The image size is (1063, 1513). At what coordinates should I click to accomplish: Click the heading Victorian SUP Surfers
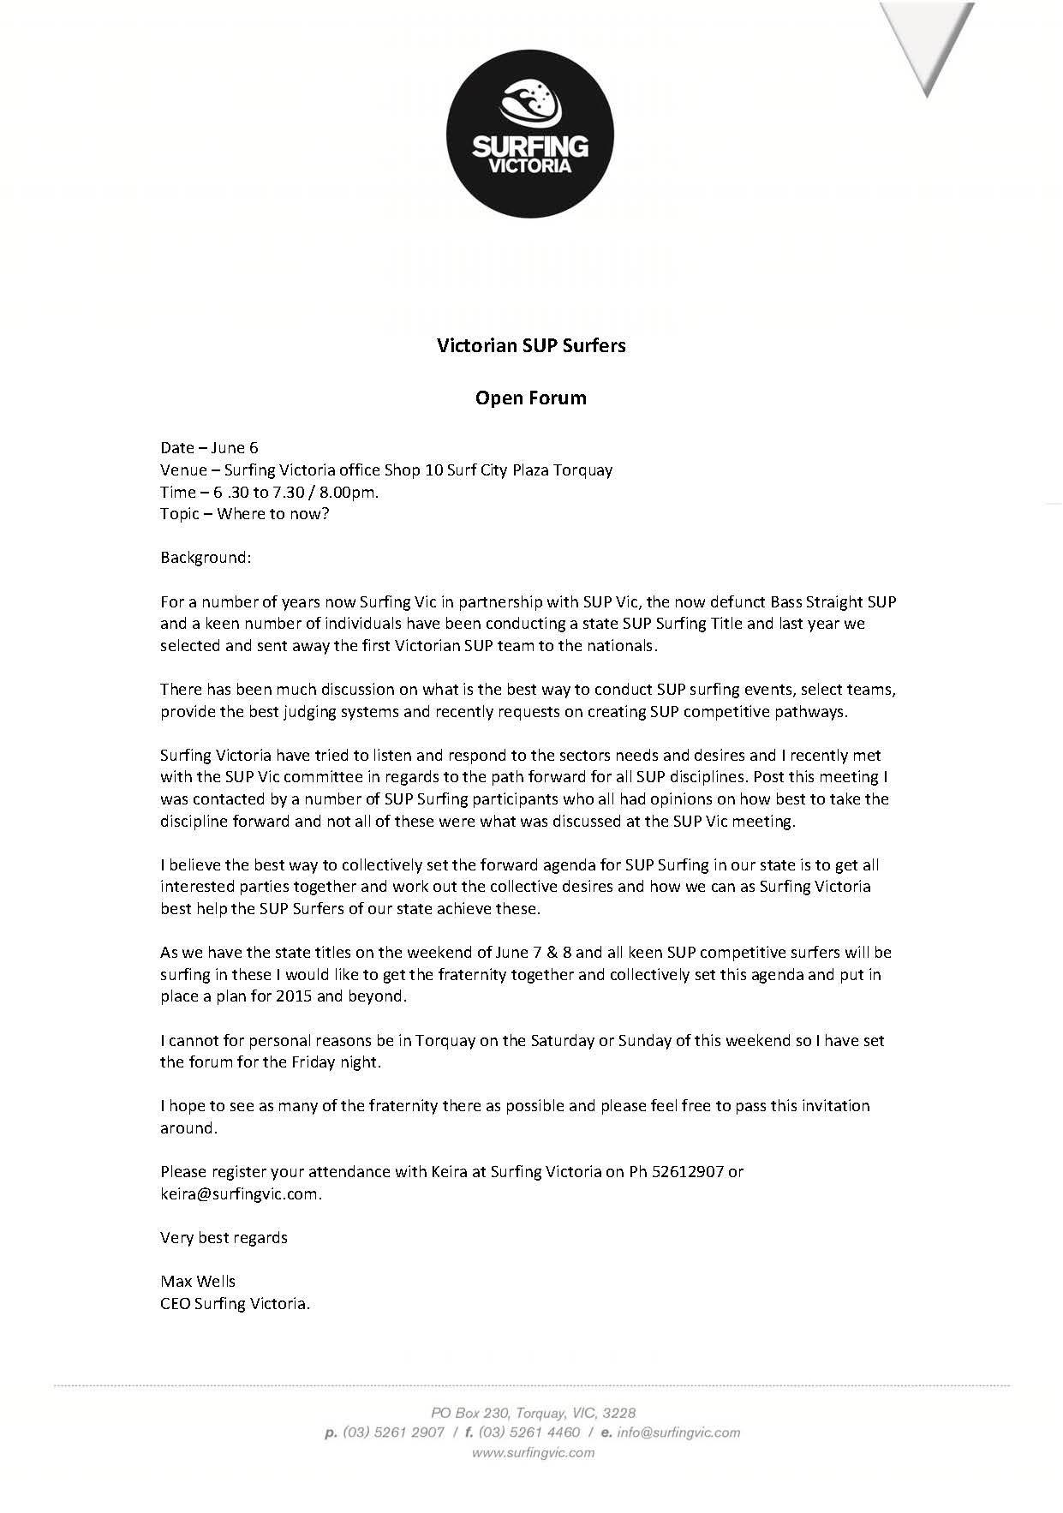tap(531, 345)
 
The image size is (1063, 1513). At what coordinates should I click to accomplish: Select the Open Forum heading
tap(531, 398)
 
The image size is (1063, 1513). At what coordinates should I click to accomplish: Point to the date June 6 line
tap(209, 447)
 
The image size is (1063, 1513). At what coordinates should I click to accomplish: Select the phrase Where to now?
tap(273, 514)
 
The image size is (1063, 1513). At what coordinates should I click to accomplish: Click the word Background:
tap(206, 558)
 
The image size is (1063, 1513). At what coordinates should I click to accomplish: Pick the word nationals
tap(623, 646)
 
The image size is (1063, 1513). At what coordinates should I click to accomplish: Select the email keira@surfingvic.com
tap(240, 1193)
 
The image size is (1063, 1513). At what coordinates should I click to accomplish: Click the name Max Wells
tap(198, 1282)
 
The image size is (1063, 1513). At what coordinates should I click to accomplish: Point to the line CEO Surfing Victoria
tap(236, 1304)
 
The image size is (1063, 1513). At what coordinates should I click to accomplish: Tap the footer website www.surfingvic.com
tap(533, 1452)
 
